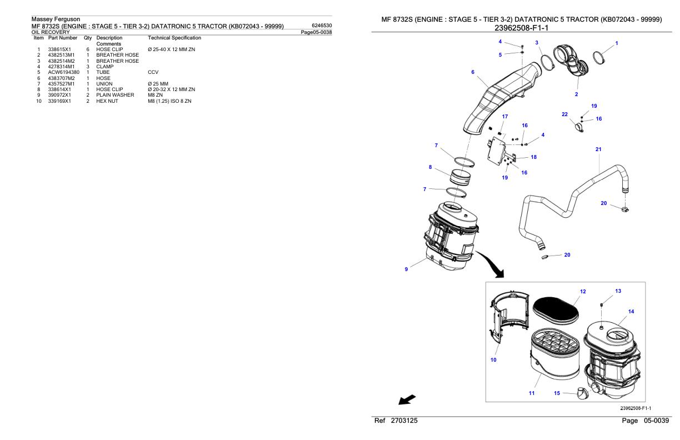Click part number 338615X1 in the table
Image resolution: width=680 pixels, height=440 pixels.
click(59, 49)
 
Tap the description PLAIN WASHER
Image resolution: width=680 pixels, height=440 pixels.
click(115, 95)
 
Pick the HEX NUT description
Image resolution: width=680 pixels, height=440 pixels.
click(107, 101)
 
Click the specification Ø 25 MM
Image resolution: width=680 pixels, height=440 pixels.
click(159, 84)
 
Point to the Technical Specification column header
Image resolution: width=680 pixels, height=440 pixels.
click(174, 38)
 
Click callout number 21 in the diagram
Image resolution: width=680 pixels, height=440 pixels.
click(598, 149)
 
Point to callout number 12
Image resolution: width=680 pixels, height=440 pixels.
click(582, 291)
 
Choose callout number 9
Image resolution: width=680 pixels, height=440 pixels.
click(406, 269)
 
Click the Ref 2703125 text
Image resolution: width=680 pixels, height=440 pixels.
click(396, 422)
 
